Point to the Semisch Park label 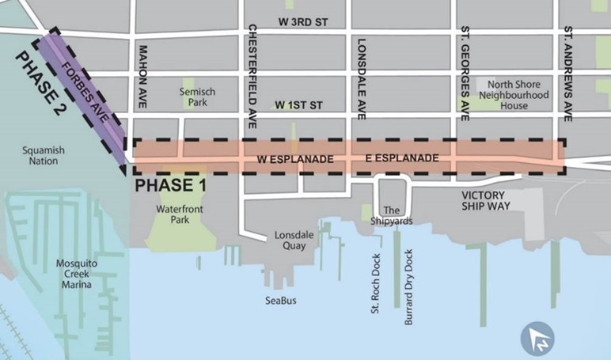click(196, 97)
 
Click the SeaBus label click(281, 300)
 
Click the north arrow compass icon click(537, 339)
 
